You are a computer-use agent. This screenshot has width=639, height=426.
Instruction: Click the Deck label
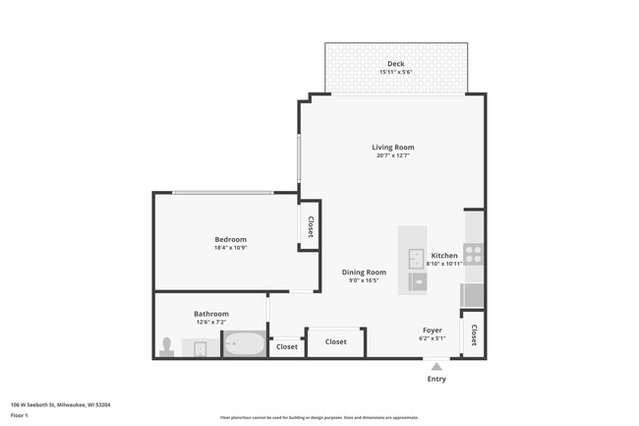[395, 64]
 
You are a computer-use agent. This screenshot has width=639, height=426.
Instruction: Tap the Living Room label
[392, 148]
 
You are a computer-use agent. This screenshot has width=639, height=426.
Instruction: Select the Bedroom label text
[231, 239]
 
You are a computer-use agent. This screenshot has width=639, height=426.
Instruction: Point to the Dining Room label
[364, 273]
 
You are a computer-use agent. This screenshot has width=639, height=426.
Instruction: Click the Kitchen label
[444, 256]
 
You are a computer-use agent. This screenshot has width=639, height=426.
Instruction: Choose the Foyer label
[433, 331]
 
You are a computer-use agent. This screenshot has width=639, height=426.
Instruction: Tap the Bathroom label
[211, 314]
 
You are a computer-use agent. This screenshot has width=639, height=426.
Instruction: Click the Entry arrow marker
[436, 367]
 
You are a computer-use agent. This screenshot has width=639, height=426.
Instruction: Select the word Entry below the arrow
[436, 380]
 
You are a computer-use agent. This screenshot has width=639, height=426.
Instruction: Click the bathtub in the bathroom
[243, 344]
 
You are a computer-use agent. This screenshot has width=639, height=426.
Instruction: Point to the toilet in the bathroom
[167, 345]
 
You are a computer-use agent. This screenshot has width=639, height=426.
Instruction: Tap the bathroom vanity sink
[200, 347]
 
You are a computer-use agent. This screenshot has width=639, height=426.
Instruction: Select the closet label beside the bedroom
[311, 227]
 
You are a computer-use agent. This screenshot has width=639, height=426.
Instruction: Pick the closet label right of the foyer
[474, 335]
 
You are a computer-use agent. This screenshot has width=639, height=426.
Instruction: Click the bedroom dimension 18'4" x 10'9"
[231, 248]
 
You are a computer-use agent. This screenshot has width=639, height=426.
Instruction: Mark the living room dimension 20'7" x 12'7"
[392, 155]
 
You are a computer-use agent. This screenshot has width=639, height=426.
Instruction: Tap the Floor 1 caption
[20, 415]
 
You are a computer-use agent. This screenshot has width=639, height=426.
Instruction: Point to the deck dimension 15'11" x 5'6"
[395, 72]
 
